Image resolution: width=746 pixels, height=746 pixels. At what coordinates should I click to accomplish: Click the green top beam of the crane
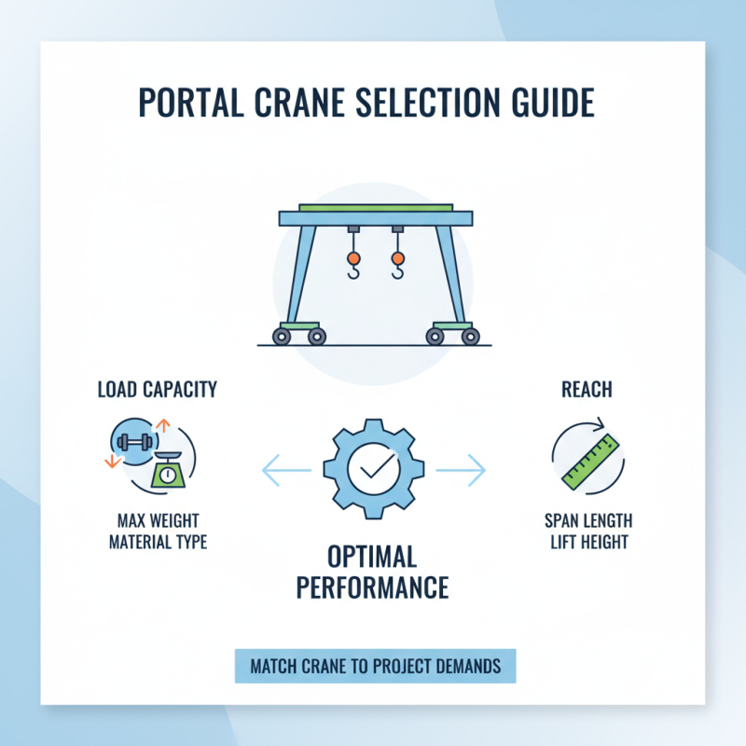click(x=376, y=207)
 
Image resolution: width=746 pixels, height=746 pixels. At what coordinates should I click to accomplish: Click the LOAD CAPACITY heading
click(x=157, y=389)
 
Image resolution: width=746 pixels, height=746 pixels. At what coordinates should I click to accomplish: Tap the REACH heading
click(x=587, y=389)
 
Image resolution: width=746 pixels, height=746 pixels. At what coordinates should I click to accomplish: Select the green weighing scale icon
click(x=167, y=471)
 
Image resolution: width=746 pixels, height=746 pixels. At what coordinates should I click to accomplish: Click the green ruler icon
click(x=589, y=460)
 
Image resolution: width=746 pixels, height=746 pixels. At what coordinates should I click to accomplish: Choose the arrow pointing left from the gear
click(x=286, y=470)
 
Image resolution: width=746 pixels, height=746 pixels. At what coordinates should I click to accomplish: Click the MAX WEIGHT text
click(x=157, y=520)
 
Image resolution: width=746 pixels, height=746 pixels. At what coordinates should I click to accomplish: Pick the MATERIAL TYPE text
click(x=157, y=542)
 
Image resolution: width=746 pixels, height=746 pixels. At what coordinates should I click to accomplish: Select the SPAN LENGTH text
click(x=587, y=520)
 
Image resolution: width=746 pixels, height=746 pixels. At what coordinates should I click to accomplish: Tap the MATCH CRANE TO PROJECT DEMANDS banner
click(x=375, y=667)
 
